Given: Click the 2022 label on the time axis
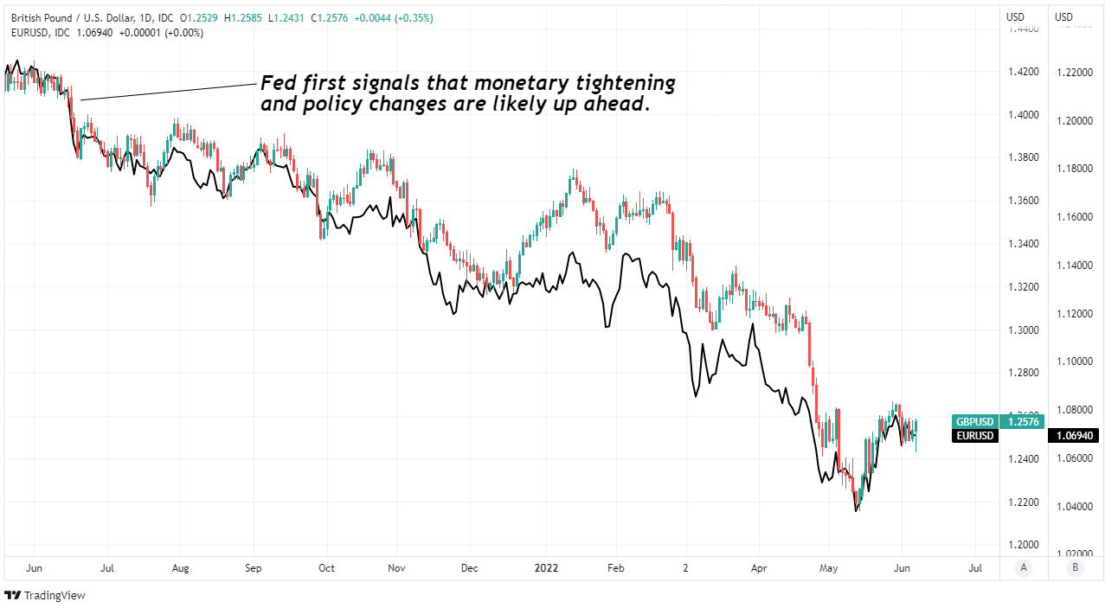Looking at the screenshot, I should coord(546,568).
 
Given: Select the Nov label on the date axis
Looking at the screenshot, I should coord(396,568).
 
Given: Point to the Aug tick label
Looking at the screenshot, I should coord(180,568).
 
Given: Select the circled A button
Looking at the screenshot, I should coord(1025,568).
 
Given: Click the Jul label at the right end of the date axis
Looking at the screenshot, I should coord(975,568).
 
